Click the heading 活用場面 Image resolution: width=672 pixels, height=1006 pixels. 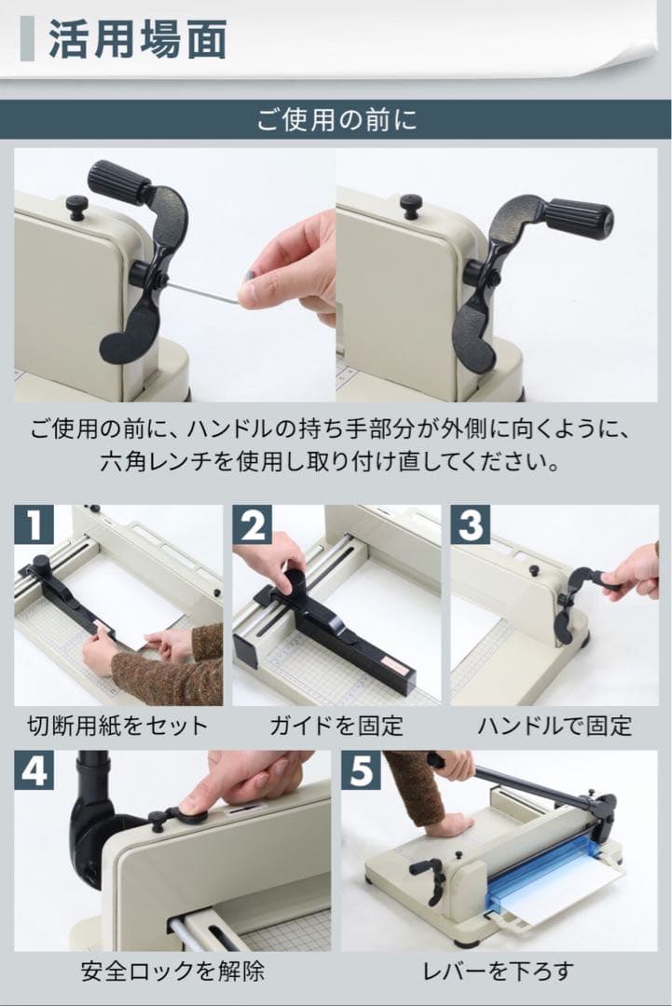click(137, 42)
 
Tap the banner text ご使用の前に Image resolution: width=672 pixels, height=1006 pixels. click(336, 122)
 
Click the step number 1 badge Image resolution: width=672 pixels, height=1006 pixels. click(34, 525)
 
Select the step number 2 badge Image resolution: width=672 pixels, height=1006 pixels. click(252, 525)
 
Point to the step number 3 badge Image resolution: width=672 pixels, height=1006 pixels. click(471, 525)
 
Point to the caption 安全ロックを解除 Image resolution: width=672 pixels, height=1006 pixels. click(172, 972)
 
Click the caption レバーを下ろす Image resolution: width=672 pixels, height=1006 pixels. click(498, 972)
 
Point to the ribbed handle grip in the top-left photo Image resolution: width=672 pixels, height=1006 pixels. click(118, 181)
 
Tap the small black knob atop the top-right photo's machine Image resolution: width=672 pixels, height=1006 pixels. click(410, 204)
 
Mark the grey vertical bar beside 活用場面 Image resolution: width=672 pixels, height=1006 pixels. click(27, 42)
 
